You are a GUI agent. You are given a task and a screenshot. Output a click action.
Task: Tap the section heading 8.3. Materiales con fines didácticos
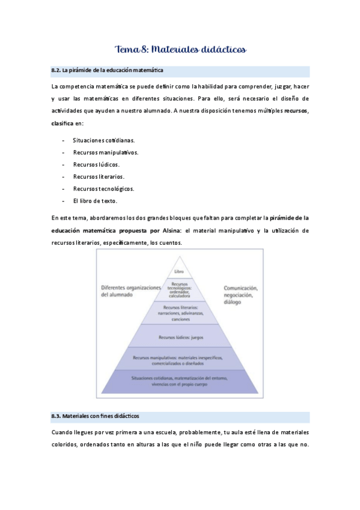96,416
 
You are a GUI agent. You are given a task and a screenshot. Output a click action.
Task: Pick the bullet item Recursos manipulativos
105,152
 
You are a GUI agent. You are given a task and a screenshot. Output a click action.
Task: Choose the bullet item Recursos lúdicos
96,164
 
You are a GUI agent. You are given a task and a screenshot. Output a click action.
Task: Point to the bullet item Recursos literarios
99,177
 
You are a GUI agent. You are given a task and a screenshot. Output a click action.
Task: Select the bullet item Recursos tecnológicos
103,189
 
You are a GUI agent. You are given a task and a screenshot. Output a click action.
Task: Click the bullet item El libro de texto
95,201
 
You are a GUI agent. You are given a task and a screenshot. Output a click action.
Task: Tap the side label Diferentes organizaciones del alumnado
132,291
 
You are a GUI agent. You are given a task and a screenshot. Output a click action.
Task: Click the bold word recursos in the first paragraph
296,111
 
